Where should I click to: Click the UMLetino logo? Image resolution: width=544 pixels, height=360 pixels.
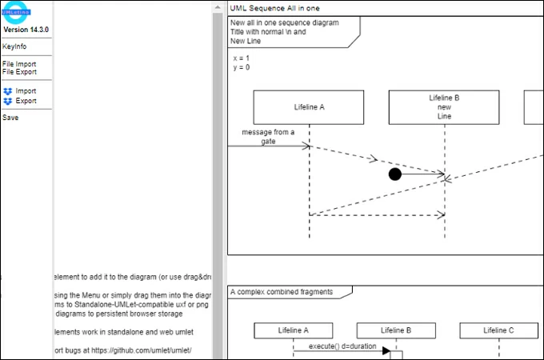[x=16, y=10]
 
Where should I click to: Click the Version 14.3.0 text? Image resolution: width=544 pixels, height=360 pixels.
[x=26, y=30]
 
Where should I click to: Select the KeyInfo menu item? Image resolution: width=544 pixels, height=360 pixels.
[x=14, y=47]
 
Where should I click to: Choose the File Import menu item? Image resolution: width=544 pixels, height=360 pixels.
[x=19, y=64]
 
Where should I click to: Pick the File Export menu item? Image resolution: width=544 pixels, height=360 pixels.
[x=19, y=72]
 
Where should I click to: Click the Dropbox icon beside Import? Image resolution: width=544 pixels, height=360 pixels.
[x=8, y=91]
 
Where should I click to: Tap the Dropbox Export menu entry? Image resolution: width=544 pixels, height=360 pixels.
[x=26, y=102]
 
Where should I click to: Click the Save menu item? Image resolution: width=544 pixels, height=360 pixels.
[x=10, y=118]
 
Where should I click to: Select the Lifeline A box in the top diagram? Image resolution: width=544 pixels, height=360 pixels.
[x=309, y=106]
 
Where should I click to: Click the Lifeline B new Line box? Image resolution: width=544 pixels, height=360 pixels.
[x=444, y=106]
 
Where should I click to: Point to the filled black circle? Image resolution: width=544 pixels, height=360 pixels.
[x=394, y=174]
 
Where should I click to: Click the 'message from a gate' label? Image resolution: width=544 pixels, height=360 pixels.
[x=268, y=136]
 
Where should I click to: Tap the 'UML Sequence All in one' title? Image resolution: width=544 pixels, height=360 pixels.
[x=274, y=7]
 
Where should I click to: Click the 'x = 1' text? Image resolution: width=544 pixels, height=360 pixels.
[x=241, y=58]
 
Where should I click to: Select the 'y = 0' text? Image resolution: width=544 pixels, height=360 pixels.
[x=241, y=68]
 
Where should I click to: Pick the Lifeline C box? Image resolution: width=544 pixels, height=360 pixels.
[x=498, y=330]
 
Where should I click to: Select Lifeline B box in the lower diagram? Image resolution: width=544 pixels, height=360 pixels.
[x=396, y=330]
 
